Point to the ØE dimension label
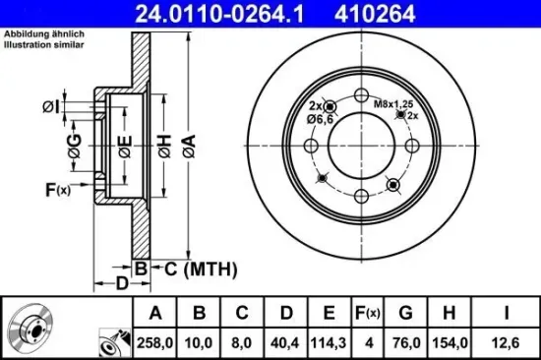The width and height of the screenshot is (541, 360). click(125, 148)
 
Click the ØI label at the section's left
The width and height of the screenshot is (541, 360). click(52, 106)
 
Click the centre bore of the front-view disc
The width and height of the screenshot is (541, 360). click(360, 152)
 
